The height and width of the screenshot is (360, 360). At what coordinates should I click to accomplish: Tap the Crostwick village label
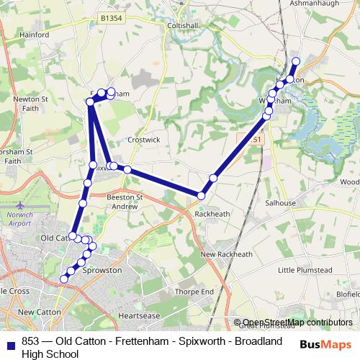(138, 140)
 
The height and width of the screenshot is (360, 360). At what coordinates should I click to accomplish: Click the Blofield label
(348, 294)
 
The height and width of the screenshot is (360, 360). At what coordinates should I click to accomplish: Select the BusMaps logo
(325, 343)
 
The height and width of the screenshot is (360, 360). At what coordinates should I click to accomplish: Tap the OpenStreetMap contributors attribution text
(297, 323)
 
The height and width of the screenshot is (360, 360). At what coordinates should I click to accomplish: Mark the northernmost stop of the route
(296, 61)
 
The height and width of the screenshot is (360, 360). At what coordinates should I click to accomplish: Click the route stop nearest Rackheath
(202, 195)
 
